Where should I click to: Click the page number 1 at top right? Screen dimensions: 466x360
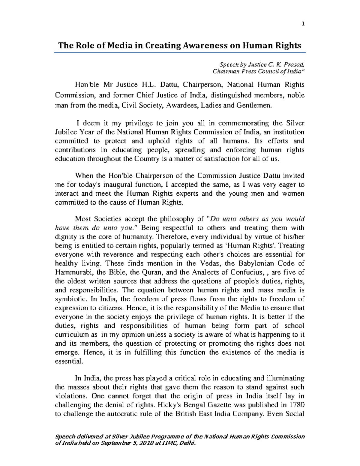click(303, 24)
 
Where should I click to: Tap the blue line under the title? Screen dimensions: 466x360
click(180, 53)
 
